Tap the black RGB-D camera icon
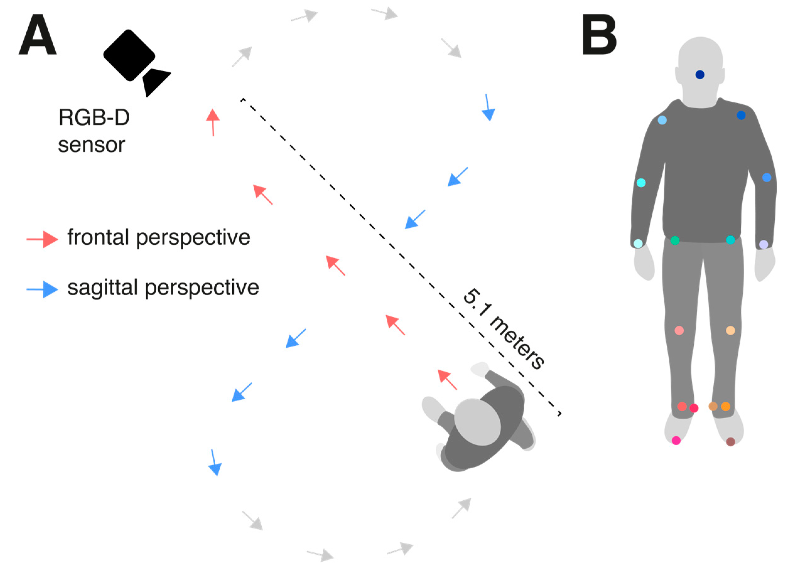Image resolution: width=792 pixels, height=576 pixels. point(134,61)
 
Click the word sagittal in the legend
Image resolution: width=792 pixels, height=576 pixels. point(103,288)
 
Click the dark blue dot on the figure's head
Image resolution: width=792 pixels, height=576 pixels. point(700,74)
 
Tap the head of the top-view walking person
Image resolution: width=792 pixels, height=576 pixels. point(477,422)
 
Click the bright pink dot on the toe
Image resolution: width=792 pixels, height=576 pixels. point(676,440)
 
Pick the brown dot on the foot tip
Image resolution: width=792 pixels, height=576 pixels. point(730,442)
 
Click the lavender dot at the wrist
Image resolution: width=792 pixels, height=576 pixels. point(764,244)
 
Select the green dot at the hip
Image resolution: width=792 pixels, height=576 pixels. point(675,240)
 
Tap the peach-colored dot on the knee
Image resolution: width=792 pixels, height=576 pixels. point(730,330)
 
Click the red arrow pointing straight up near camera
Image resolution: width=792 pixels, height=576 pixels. point(213,122)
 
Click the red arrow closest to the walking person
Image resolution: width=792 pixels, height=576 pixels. point(447,380)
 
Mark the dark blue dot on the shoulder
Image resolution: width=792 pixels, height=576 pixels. point(741,115)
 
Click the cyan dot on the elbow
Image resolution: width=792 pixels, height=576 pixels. point(641,183)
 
